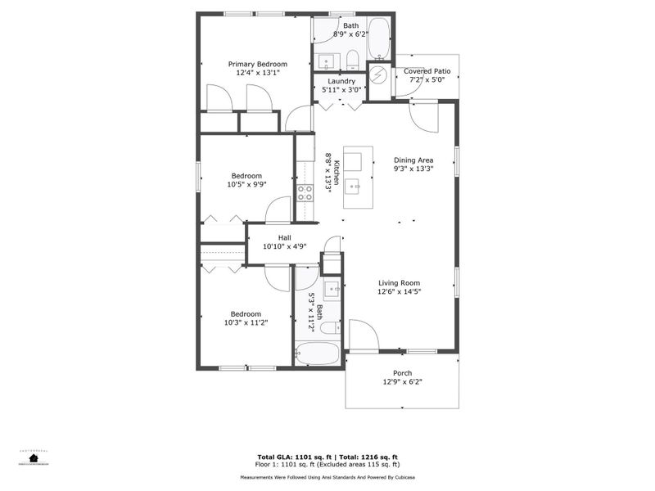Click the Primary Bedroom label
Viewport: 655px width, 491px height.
258,64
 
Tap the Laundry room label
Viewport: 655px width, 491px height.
341,82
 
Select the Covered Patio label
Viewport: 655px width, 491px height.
427,72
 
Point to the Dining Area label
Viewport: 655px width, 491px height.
413,160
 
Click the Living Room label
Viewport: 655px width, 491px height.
400,283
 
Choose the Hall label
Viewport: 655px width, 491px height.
284,238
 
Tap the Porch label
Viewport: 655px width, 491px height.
402,373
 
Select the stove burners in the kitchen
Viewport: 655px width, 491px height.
305,193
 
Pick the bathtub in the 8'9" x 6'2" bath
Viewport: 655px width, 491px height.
379,39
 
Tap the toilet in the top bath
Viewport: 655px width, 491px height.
353,59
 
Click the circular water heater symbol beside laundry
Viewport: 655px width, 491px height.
378,74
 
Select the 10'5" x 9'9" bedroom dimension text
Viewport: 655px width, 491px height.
246,185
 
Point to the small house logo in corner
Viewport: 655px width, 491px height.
34,458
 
